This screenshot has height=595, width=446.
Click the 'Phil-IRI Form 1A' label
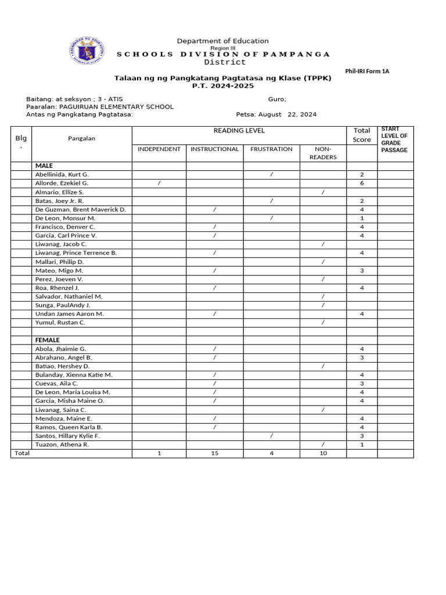367,71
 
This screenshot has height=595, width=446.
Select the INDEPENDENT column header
159,149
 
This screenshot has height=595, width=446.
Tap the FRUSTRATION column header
271,149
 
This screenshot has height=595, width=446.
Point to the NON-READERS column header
323,153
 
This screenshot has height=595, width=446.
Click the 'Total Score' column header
362,135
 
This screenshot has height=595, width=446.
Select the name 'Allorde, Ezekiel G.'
62,183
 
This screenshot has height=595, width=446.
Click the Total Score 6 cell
362,183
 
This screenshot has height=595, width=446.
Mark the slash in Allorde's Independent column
159,183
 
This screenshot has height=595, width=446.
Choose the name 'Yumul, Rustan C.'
60,322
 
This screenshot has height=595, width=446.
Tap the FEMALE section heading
48,340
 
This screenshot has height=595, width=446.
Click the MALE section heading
44,166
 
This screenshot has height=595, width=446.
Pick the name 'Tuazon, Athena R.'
62,445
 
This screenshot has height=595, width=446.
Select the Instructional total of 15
215,453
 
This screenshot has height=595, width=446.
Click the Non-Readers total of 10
323,453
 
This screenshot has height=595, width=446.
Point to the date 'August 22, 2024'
287,114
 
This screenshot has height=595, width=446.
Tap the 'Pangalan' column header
81,138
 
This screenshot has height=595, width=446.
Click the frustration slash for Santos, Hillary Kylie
271,436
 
